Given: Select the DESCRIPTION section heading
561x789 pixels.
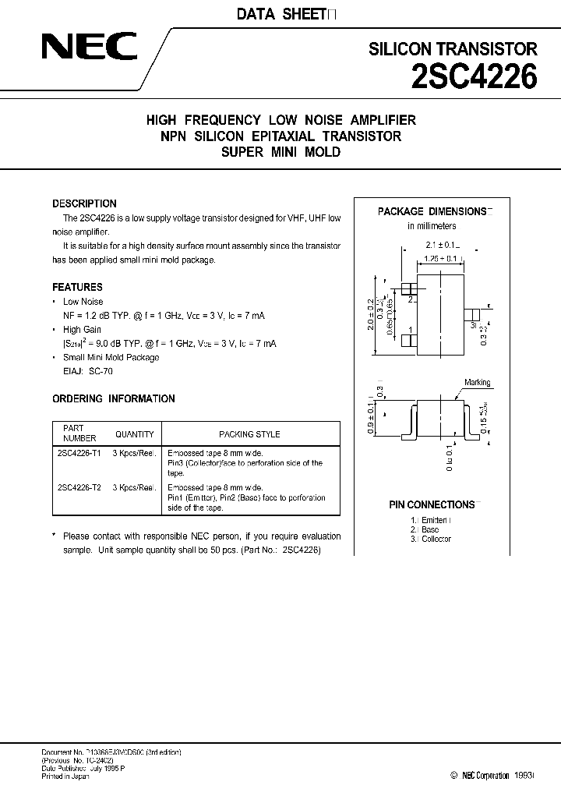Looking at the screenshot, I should click(84, 203).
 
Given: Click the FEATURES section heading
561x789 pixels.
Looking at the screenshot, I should click(77, 287).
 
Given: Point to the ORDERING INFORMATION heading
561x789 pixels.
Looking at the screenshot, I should click(113, 398).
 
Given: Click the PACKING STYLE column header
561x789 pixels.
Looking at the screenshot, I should click(249, 434).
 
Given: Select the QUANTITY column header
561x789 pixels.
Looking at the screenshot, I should click(134, 434).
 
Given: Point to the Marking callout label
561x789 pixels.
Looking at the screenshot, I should click(477, 383).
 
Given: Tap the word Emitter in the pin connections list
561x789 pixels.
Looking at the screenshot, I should click(435, 519).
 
